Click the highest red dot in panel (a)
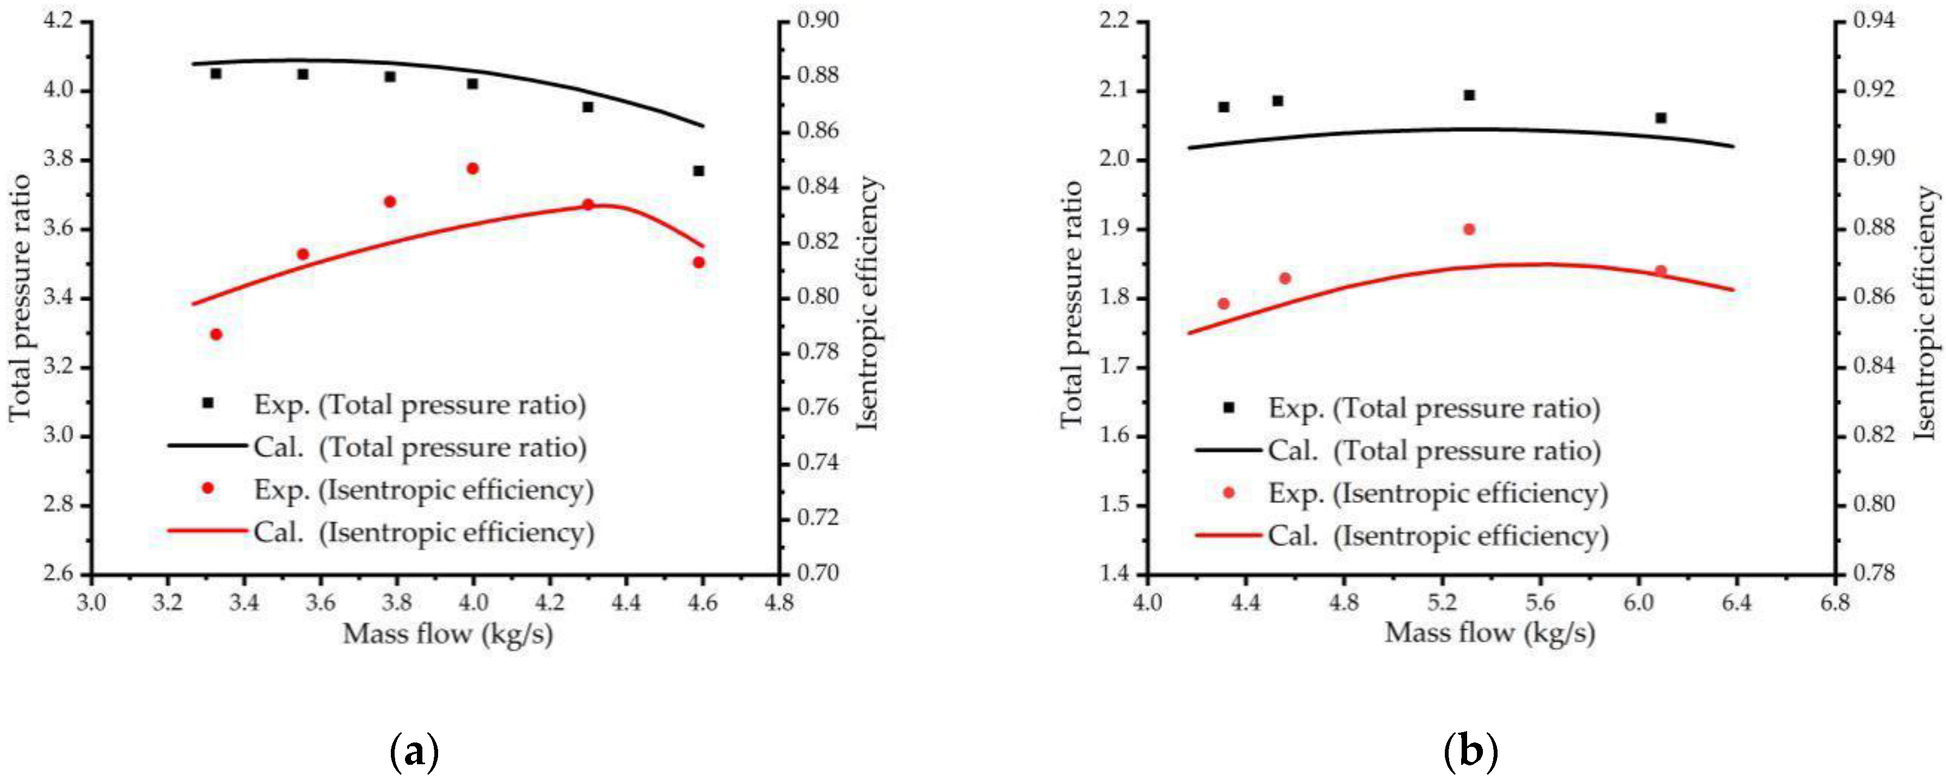pos(473,169)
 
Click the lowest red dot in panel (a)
pos(216,334)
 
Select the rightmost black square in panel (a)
pos(699,171)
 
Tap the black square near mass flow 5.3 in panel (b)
pos(1469,95)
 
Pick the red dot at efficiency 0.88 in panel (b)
pos(1469,229)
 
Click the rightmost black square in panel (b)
pos(1661,118)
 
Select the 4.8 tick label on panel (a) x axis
pos(778,603)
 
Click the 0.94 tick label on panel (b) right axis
pos(1874,21)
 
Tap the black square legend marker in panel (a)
pos(208,403)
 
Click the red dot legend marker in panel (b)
pos(1228,493)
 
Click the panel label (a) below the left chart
pos(414,752)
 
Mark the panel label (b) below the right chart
pos(1470,752)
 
